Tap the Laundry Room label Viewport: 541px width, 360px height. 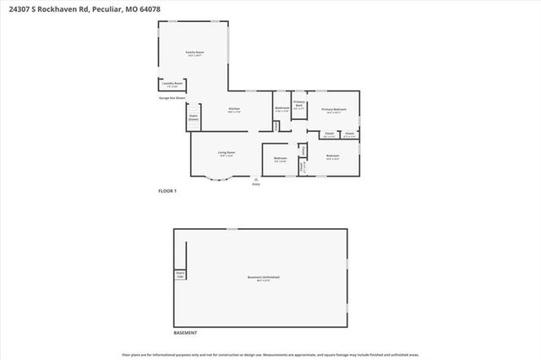coord(170,85)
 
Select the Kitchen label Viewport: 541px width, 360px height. coord(235,109)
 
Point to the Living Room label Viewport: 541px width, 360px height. coord(226,154)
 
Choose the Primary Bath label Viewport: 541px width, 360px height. coord(299,104)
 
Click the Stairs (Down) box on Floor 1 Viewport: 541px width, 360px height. coord(194,119)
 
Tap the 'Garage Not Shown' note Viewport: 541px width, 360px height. coord(172,98)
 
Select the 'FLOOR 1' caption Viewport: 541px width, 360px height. coord(167,192)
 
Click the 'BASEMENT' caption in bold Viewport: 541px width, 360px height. coord(186,333)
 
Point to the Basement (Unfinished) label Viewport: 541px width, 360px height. coord(264,278)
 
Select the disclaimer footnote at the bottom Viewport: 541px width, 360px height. coord(270,354)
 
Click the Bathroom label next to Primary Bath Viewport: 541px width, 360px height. coord(282,109)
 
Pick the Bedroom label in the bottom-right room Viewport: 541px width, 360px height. coord(333,156)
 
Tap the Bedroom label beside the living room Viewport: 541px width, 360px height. coord(281,159)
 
